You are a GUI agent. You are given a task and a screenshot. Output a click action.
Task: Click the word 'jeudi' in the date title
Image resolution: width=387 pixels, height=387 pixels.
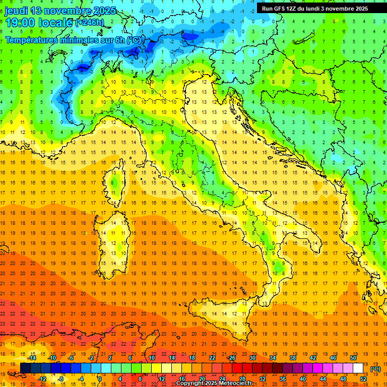pyautogui.click(x=15, y=11)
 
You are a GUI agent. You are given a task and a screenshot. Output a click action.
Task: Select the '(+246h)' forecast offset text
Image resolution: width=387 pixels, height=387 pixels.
pyautogui.click(x=90, y=23)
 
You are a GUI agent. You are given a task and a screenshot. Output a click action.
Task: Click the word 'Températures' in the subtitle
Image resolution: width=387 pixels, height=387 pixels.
pyautogui.click(x=30, y=39)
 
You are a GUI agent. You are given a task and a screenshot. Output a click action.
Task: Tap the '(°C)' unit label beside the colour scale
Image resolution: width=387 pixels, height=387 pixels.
pyautogui.click(x=375, y=369)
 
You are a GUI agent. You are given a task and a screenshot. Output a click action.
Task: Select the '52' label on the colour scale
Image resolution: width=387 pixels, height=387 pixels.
pyautogui.click(x=363, y=379)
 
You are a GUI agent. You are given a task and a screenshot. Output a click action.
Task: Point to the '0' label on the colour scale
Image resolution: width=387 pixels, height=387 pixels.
pyautogui.click(x=100, y=379)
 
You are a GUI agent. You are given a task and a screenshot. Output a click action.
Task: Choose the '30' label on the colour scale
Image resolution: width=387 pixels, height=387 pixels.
pyautogui.click(x=252, y=358)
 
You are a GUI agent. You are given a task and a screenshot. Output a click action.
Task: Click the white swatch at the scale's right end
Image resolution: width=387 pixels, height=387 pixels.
pyautogui.click(x=358, y=368)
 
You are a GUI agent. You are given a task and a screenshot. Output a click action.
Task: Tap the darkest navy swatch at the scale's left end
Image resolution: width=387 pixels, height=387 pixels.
pyautogui.click(x=25, y=368)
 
